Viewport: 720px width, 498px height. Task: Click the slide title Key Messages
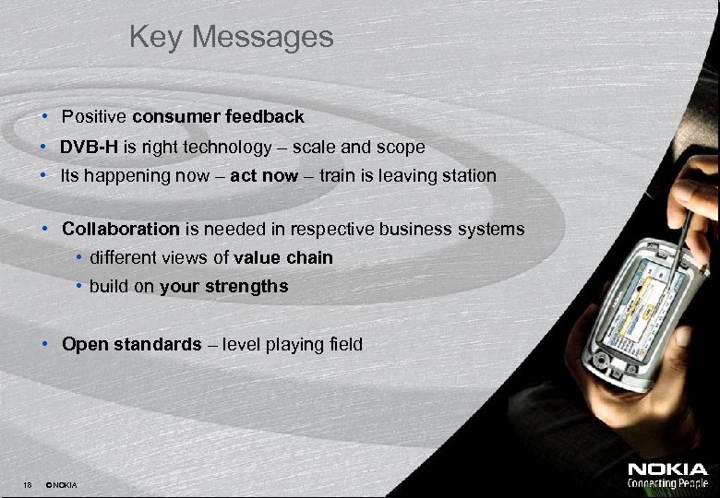pyautogui.click(x=231, y=37)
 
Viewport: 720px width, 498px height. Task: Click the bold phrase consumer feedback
pyautogui.click(x=218, y=117)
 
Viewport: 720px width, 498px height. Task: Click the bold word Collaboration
pyautogui.click(x=120, y=229)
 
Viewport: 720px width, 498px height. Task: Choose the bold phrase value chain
pyautogui.click(x=283, y=258)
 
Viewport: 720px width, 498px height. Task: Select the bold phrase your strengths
pyautogui.click(x=223, y=287)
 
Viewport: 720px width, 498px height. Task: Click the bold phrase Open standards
pyautogui.click(x=131, y=345)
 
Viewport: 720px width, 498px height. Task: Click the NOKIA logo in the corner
pyautogui.click(x=667, y=469)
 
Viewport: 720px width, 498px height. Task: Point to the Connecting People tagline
pyautogui.click(x=667, y=483)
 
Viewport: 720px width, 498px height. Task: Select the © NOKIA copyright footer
pyautogui.click(x=61, y=485)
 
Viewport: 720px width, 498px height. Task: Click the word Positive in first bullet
pyautogui.click(x=94, y=117)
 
